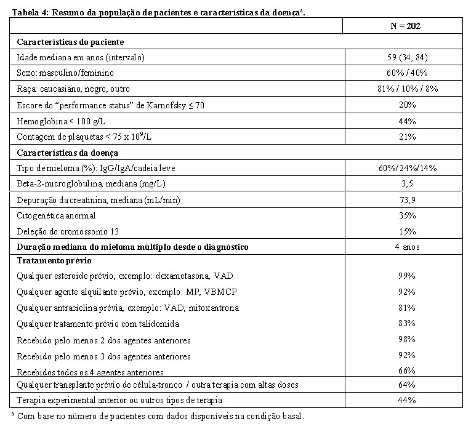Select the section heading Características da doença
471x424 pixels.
pyautogui.click(x=68, y=152)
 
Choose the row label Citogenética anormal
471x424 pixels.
pyautogui.click(x=57, y=215)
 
